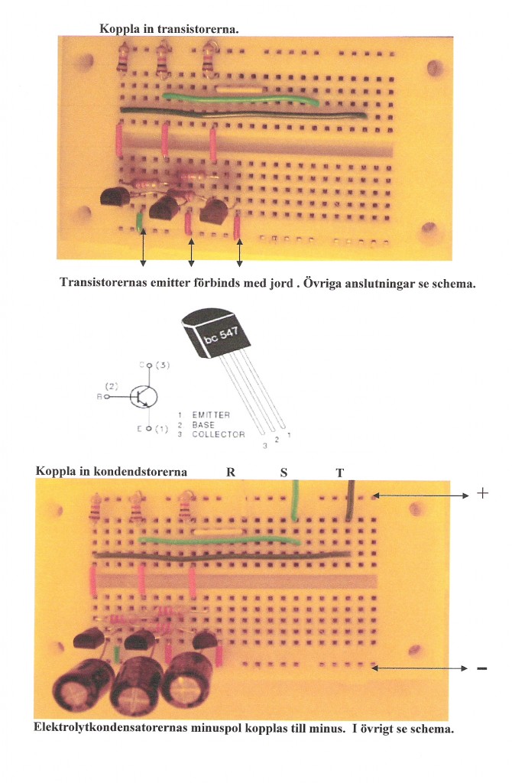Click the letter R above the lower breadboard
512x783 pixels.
pyautogui.click(x=231, y=472)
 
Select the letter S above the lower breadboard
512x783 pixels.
pyautogui.click(x=284, y=472)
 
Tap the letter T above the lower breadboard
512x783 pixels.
pyautogui.click(x=340, y=472)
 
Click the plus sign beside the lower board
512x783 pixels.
pyautogui.click(x=482, y=494)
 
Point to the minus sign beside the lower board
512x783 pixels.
pyautogui.click(x=482, y=669)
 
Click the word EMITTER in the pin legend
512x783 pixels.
pyautogui.click(x=211, y=414)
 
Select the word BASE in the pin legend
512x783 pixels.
pyautogui.click(x=203, y=424)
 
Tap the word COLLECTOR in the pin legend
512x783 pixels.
pyautogui.click(x=219, y=434)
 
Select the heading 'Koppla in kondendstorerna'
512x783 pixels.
pyautogui.click(x=111, y=471)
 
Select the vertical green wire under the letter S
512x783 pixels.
pyautogui.click(x=295, y=502)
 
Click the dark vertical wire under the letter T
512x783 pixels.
pyautogui.click(x=348, y=501)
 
